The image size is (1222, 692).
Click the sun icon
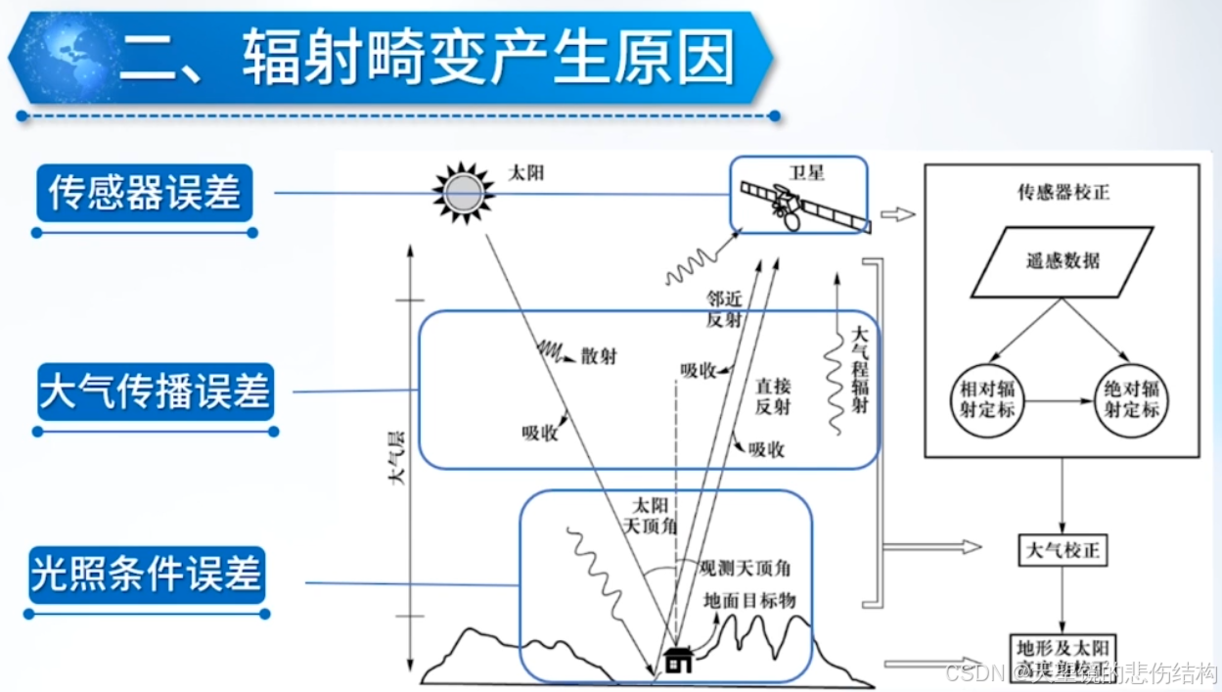point(464,192)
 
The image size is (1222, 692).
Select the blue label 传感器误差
point(145,192)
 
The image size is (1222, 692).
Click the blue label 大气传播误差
point(155,392)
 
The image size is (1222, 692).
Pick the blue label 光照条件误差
point(147,574)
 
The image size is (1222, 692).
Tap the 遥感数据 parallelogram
point(1063,261)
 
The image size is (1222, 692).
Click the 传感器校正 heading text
point(1064,192)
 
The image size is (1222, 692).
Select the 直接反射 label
point(772,395)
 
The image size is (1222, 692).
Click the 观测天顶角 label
point(746,567)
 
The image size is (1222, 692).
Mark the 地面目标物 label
point(750,600)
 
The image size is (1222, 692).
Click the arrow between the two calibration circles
point(1059,399)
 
